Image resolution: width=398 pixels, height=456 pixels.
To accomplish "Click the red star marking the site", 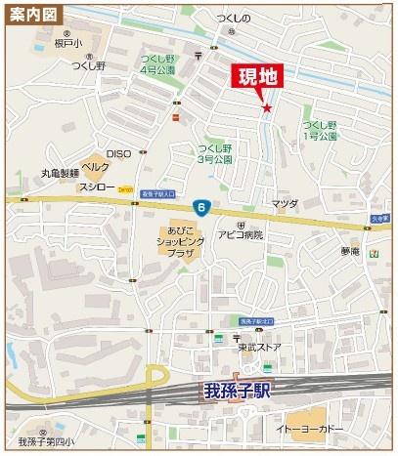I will coord(265,108).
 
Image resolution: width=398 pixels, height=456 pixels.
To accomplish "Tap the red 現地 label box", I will coord(254,79).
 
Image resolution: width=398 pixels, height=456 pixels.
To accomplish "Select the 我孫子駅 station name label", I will coord(238,393).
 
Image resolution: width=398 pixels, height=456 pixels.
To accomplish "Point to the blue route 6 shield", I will coord(200,206).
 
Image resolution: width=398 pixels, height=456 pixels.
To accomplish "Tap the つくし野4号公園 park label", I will coord(156,64).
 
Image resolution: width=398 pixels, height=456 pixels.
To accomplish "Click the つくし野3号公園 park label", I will coord(214,153).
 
